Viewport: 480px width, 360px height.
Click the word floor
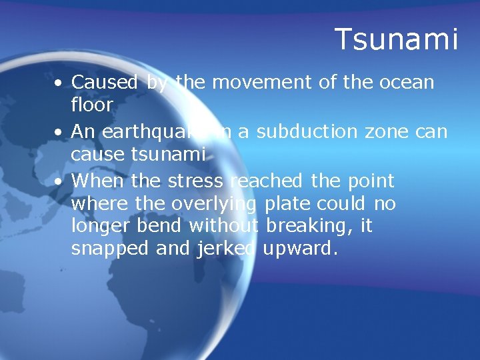coord(91,105)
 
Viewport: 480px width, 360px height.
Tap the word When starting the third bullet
coord(99,181)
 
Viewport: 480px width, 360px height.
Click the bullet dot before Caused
coord(60,84)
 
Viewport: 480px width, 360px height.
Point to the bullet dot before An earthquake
coord(60,133)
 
